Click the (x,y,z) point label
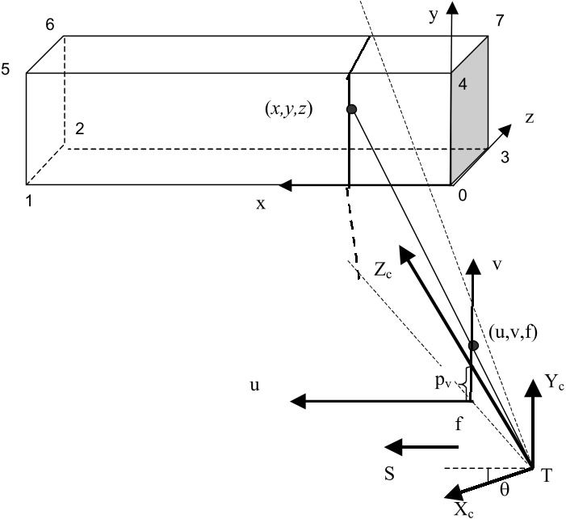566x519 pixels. (x=289, y=109)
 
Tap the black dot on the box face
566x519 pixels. (x=351, y=109)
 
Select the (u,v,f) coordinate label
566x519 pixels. (x=513, y=333)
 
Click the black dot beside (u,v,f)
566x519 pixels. (x=473, y=345)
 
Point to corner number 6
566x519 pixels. (x=50, y=24)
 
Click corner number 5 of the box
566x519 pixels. (x=5, y=69)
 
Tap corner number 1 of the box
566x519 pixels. (x=29, y=201)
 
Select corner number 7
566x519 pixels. (x=499, y=20)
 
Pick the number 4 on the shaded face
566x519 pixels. (x=463, y=84)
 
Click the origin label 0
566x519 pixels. (x=463, y=195)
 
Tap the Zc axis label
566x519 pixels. (x=383, y=269)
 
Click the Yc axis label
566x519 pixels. (x=554, y=382)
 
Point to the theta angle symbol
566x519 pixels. (x=505, y=489)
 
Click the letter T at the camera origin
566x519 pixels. (x=547, y=475)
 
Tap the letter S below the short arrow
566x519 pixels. (x=389, y=474)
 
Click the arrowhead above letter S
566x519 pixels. (x=393, y=447)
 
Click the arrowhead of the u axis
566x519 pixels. (x=298, y=401)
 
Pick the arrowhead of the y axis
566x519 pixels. (x=451, y=7)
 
